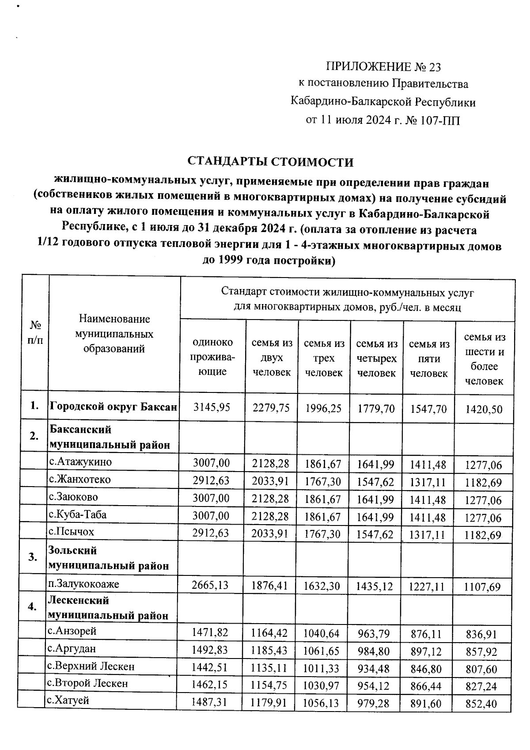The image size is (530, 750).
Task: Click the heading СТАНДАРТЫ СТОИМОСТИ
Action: (271, 162)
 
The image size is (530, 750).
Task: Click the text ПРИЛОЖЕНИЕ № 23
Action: (383, 67)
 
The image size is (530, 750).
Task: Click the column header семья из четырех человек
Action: (376, 358)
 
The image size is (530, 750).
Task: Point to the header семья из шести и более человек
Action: (484, 358)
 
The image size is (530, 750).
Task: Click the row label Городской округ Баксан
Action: (114, 407)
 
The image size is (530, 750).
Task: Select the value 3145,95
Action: (212, 407)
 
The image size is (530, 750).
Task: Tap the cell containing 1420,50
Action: (484, 409)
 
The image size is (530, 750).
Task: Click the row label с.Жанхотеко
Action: (80, 480)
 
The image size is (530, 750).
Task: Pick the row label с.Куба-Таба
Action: (78, 515)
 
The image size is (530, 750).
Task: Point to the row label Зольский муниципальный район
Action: (108, 558)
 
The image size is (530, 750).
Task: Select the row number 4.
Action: (32, 607)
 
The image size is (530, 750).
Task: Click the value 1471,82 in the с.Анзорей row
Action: (210, 633)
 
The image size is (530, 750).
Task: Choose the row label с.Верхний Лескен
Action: (91, 666)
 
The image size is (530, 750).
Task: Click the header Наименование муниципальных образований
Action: (114, 334)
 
